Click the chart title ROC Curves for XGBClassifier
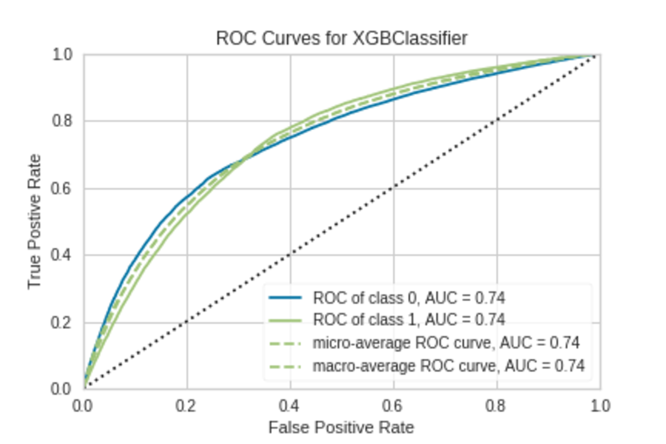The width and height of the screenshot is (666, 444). click(x=341, y=38)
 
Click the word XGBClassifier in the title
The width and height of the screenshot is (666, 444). click(x=410, y=38)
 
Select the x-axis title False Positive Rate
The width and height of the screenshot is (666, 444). click(x=341, y=427)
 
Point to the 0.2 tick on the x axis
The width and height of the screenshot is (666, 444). click(x=187, y=406)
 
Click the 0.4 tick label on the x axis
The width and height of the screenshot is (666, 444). click(x=290, y=406)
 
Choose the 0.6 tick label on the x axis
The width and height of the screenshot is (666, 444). click(x=393, y=406)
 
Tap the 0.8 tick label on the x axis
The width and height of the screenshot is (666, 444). click(x=496, y=406)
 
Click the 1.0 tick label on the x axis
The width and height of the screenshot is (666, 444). click(x=599, y=406)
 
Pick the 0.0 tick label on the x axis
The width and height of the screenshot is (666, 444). click(x=84, y=406)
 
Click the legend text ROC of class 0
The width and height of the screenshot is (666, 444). click(x=366, y=298)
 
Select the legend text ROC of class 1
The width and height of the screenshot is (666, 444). click(x=366, y=320)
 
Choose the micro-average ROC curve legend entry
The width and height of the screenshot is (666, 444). click(x=402, y=343)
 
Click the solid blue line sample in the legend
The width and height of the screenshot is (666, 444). click(x=285, y=298)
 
